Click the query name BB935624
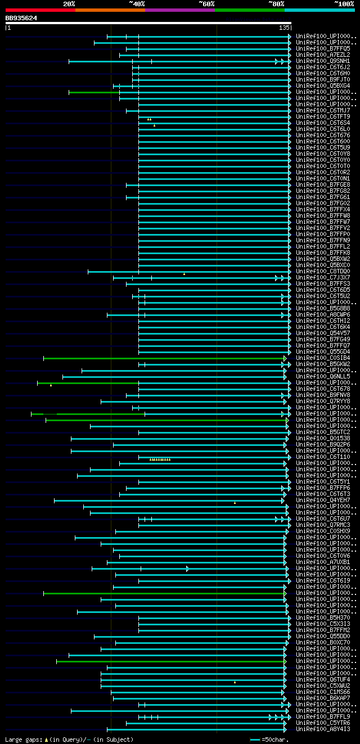pyautogui.click(x=21, y=18)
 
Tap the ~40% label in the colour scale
pyautogui.click(x=137, y=3)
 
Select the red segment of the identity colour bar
pyautogui.click(x=40, y=10)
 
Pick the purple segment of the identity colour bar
pyautogui.click(x=179, y=10)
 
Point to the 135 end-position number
pyautogui.click(x=283, y=28)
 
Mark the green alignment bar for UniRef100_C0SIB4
pyautogui.click(x=163, y=358)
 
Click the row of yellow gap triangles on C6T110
pyautogui.click(x=160, y=459)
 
